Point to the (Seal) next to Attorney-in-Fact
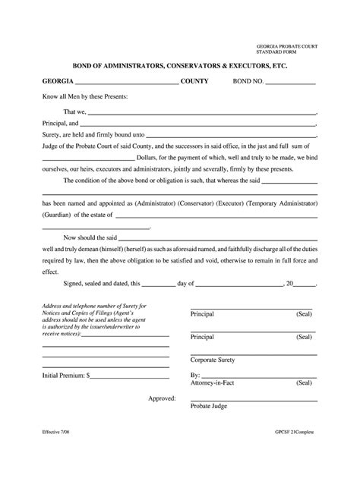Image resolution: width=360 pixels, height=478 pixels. click(x=304, y=383)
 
